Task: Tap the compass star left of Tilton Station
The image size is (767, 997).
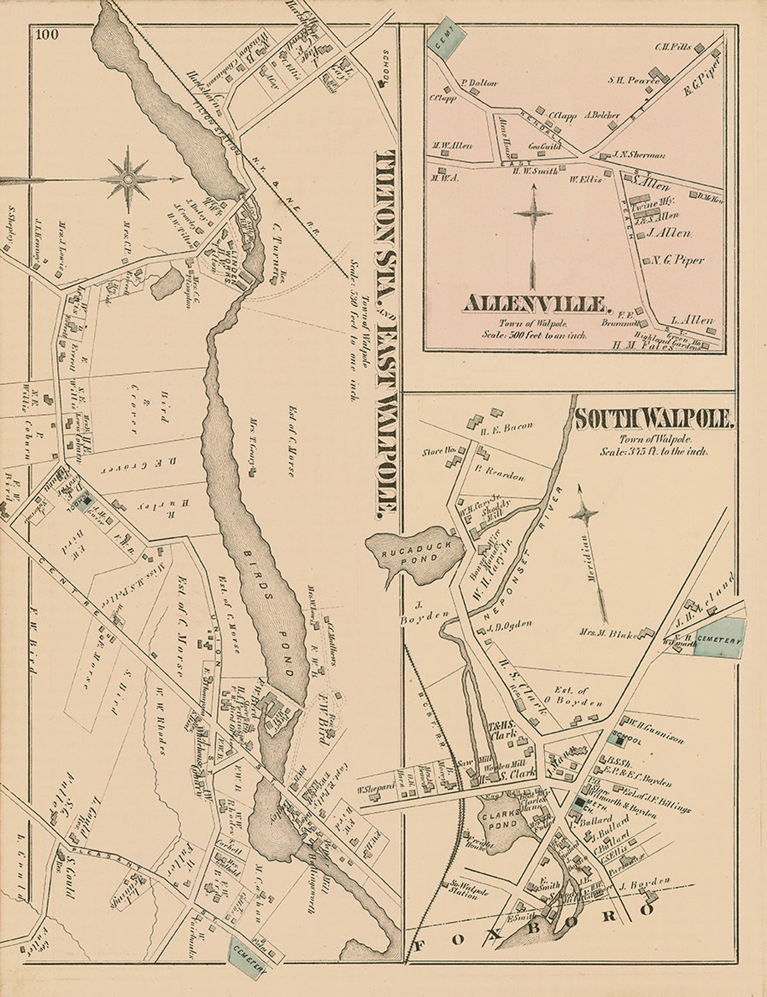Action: (x=128, y=179)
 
